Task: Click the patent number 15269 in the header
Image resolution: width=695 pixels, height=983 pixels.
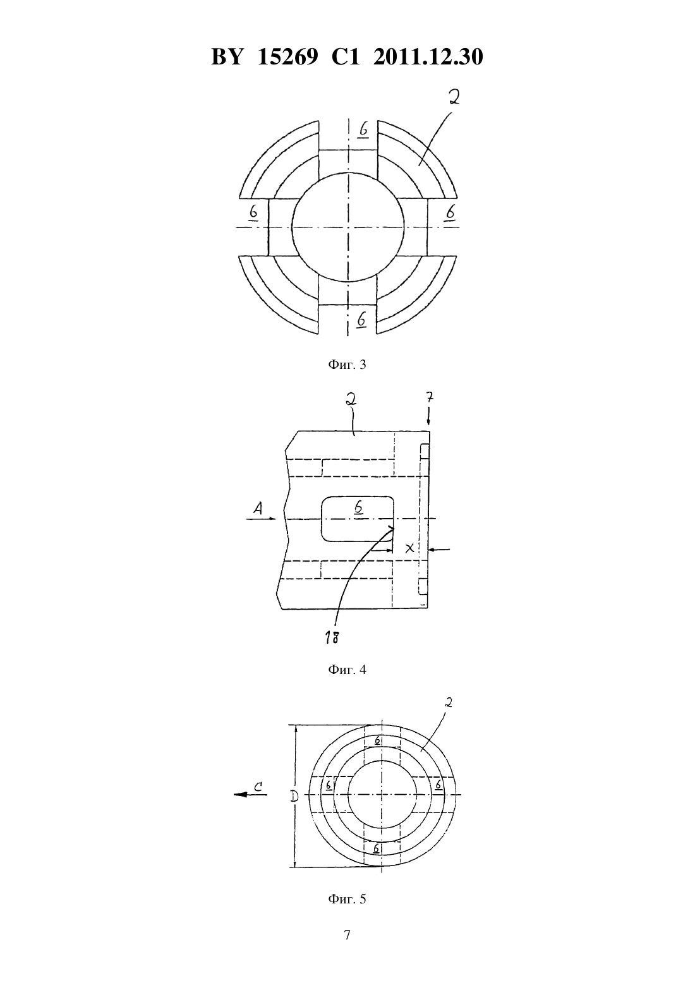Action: coord(288,57)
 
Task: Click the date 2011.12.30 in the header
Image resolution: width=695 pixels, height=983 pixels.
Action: coord(428,57)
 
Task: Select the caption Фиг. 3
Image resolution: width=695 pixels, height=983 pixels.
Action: coord(347,365)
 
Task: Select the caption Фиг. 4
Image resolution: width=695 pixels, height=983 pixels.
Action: coord(347,670)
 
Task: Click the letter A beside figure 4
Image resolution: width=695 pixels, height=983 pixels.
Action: coord(258,508)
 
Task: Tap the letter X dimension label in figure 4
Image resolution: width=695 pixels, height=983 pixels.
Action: coord(409,548)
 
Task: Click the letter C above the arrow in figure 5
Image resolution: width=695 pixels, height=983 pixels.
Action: coord(258,787)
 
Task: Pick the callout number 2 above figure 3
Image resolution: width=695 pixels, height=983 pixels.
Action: coord(454,97)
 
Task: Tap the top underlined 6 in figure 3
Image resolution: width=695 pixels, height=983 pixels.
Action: coord(363,130)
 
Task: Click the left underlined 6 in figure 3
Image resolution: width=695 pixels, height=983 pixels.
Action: coord(253,214)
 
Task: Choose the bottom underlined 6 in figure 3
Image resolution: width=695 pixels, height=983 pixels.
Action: coord(361,320)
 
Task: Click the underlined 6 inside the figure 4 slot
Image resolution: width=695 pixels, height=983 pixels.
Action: coord(359,508)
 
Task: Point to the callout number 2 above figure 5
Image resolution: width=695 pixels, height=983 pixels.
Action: coord(448,703)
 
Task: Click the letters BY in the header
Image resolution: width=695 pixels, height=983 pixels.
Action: coord(226,57)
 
